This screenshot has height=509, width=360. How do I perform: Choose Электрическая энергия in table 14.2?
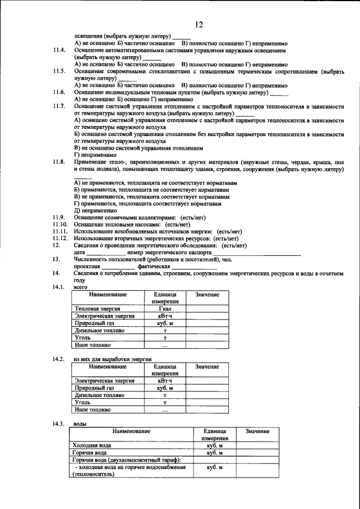105,381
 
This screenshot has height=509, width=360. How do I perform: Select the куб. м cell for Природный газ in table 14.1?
165,323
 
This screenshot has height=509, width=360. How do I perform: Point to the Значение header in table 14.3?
257,431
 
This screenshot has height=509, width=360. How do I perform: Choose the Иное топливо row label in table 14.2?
92,410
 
